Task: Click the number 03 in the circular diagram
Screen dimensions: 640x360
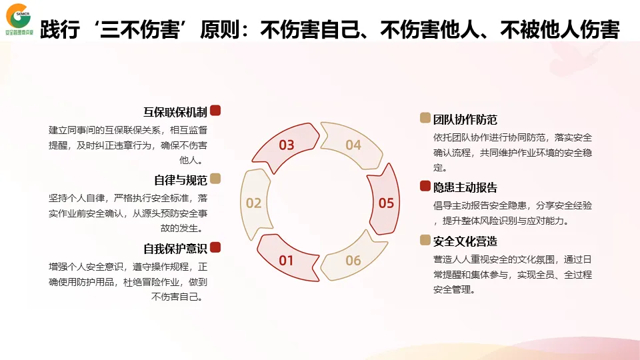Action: pos(287,145)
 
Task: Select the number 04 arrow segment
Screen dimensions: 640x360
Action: pos(353,145)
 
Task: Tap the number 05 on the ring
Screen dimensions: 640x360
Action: pos(386,203)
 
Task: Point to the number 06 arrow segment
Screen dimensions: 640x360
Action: pos(353,260)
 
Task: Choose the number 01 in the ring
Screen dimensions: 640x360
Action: pos(286,260)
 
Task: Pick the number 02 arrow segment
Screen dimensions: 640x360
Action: pos(253,203)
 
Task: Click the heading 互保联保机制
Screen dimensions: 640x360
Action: pos(175,111)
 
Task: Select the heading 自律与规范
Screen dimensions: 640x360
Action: pos(181,180)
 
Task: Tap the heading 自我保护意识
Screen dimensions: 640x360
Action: pos(175,249)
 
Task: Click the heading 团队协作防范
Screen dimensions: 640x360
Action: pos(465,119)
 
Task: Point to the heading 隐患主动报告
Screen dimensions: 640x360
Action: pos(465,187)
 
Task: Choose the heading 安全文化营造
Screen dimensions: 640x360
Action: pos(465,241)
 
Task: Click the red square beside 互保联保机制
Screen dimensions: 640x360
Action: pos(215,111)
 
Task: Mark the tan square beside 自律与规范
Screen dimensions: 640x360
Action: pos(215,179)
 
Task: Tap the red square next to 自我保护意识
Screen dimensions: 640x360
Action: pos(215,247)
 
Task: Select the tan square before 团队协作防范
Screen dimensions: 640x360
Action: pos(425,118)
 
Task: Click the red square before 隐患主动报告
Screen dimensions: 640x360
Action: pos(425,186)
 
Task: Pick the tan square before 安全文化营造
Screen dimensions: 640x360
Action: pos(425,239)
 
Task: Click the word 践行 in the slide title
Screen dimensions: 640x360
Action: pos(60,30)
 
